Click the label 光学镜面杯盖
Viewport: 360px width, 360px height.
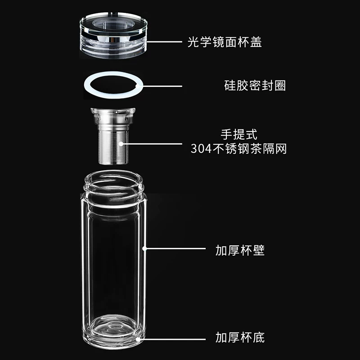tap(225, 42)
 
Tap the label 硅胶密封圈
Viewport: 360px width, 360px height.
tap(255, 85)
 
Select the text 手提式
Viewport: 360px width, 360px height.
tap(239, 135)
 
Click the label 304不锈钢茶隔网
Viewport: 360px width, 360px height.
tap(238, 148)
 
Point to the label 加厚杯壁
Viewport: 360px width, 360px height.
tap(240, 250)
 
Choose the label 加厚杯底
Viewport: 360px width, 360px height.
tap(240, 337)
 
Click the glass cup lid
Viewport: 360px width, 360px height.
tap(113, 35)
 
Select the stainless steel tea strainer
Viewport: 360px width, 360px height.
tap(113, 136)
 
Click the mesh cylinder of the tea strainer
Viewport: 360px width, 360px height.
tap(113, 147)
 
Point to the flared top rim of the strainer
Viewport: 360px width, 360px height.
tap(113, 111)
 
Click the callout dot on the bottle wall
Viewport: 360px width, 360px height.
tap(144, 248)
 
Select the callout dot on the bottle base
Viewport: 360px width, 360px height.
tap(138, 339)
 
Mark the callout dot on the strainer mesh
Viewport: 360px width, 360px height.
tap(121, 144)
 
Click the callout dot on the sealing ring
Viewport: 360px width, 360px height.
tap(138, 86)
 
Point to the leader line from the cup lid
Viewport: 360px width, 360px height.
tap(164, 42)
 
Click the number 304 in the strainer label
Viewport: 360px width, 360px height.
tap(201, 149)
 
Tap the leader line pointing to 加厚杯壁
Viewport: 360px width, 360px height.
tap(175, 248)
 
